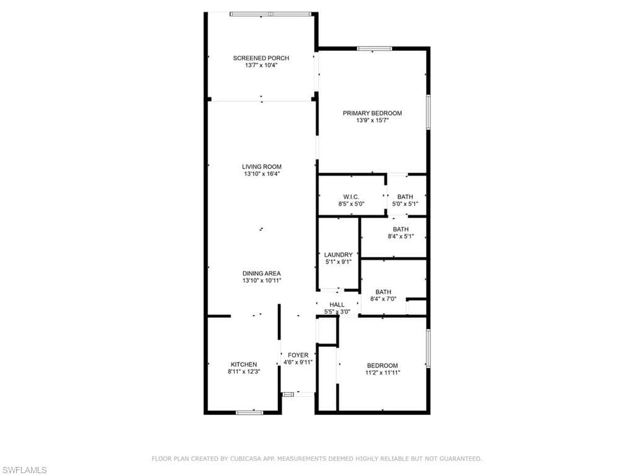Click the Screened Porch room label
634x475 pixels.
[261, 58]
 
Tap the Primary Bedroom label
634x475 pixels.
[372, 113]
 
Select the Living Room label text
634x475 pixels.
[261, 166]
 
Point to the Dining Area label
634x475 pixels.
[261, 273]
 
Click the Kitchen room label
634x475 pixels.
[243, 364]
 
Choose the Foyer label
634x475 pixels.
[298, 355]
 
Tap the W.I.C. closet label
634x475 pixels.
[351, 197]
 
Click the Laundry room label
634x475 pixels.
[338, 254]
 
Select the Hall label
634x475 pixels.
[337, 304]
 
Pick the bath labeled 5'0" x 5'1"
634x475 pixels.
[405, 197]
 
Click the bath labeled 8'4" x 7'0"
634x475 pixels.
[383, 292]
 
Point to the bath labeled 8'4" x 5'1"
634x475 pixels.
[400, 229]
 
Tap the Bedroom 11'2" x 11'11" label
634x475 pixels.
[382, 366]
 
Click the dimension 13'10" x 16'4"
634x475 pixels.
[261, 174]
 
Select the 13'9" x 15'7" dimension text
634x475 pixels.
[372, 121]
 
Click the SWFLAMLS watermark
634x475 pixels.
[24, 470]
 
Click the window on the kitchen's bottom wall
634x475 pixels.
[250, 412]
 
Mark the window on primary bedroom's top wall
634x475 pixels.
[374, 48]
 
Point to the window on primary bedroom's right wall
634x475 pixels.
[427, 112]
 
